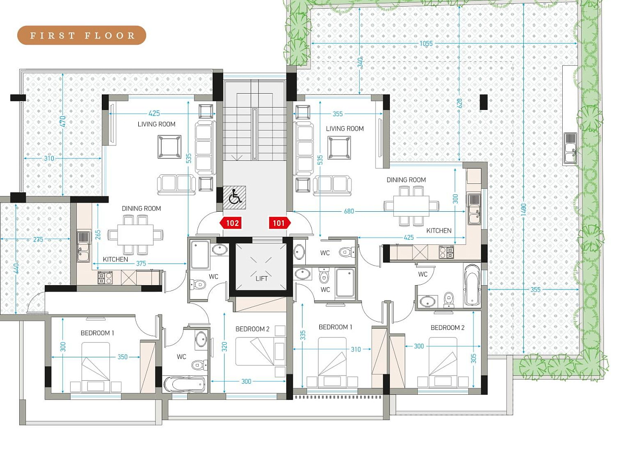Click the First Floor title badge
(82, 35)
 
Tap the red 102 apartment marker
(230, 223)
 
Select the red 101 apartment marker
(280, 223)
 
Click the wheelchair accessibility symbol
(234, 197)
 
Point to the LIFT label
(262, 278)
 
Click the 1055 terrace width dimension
(426, 44)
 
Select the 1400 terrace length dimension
(523, 210)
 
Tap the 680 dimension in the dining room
(349, 211)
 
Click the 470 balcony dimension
(63, 121)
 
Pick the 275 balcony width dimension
(38, 239)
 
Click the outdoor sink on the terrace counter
(570, 148)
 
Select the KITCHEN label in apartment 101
(439, 230)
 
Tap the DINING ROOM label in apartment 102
(141, 208)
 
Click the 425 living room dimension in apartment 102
(154, 113)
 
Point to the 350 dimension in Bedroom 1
(122, 357)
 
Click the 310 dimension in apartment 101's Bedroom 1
(356, 349)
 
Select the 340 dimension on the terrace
(360, 62)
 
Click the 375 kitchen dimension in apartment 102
(141, 264)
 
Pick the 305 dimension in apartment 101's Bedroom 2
(473, 359)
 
